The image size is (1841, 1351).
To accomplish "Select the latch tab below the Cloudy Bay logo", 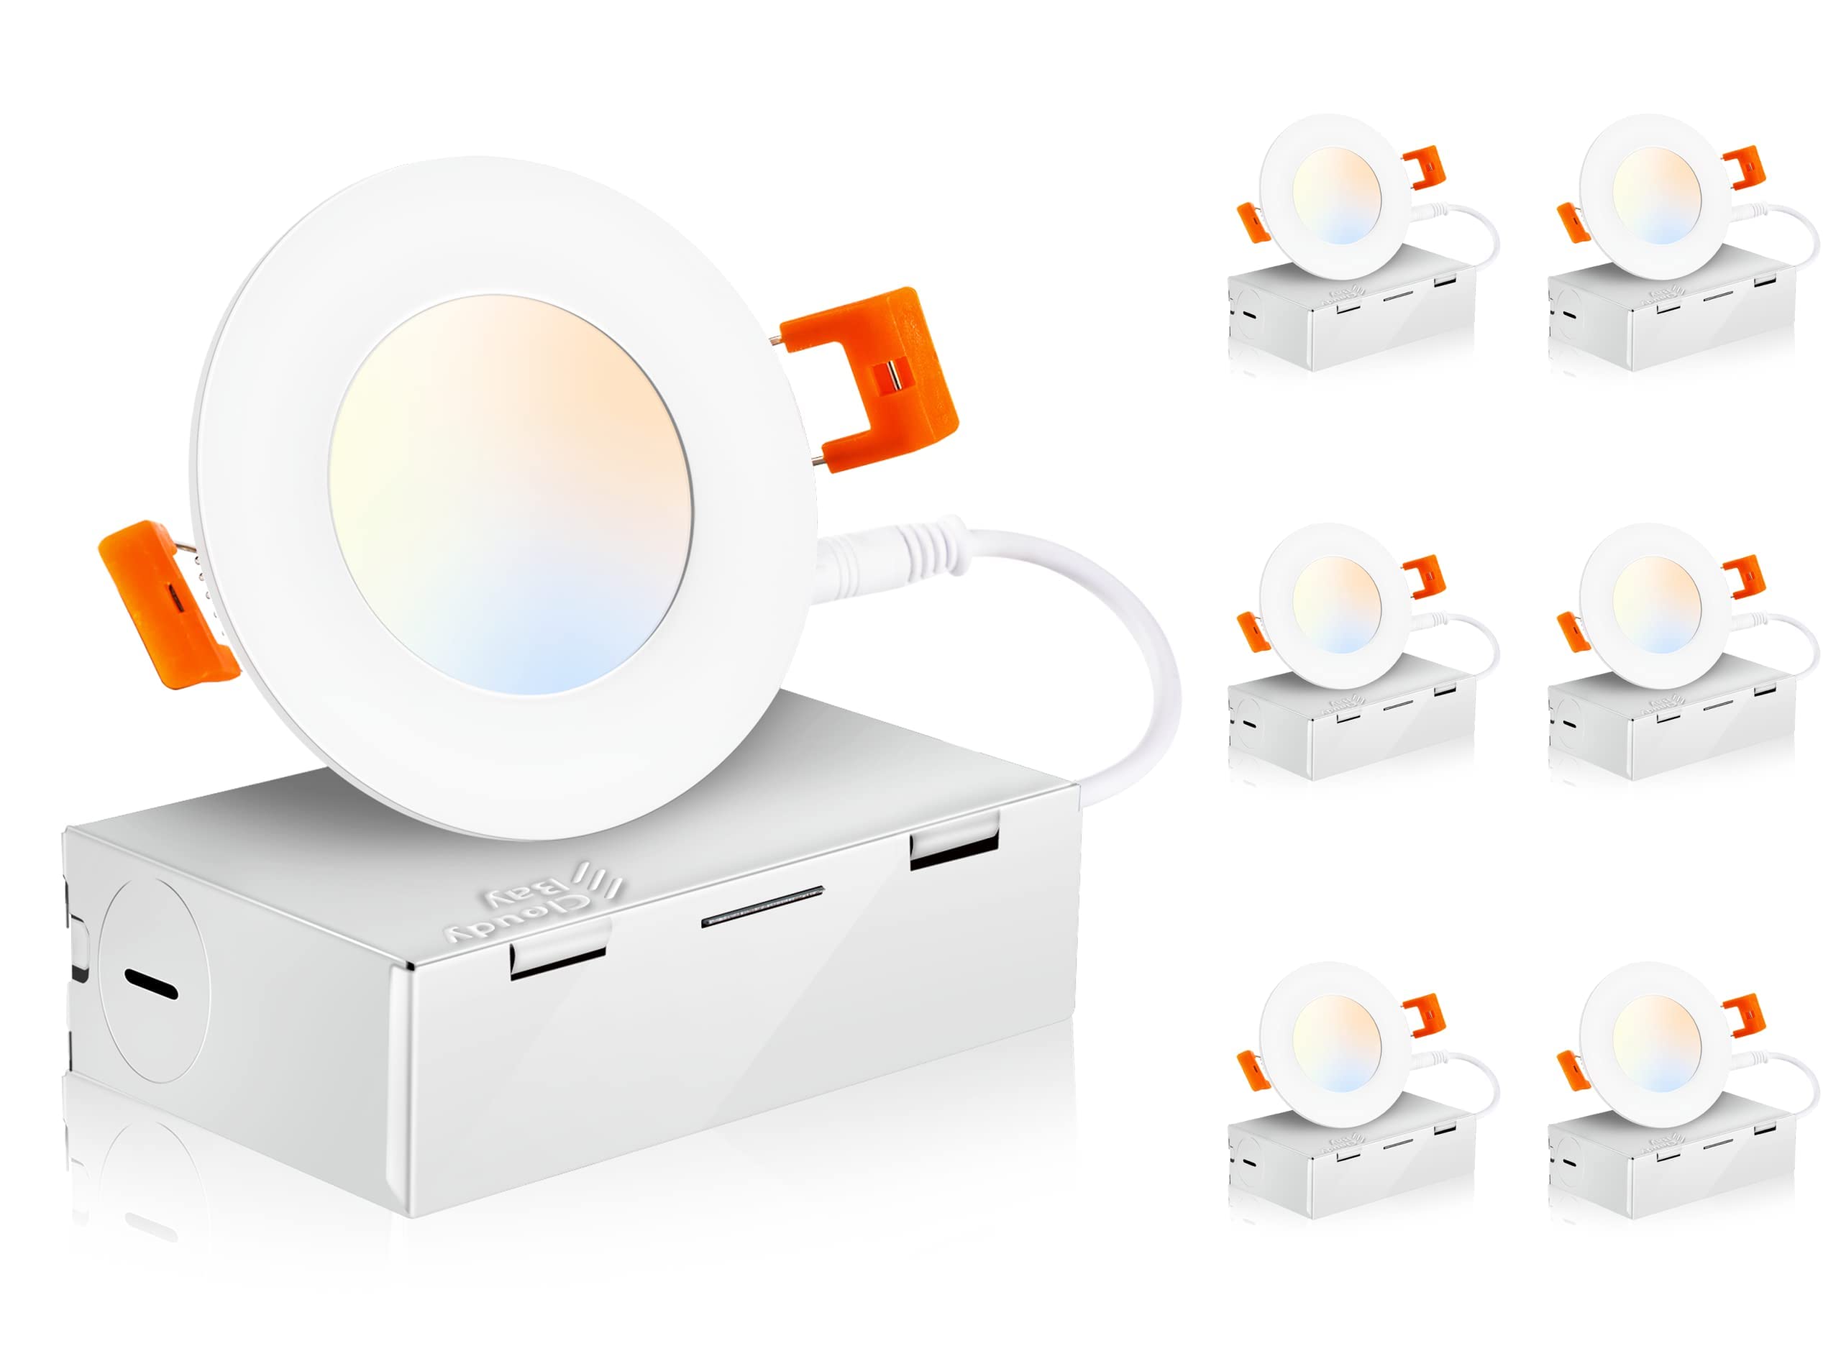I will click(x=559, y=955).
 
